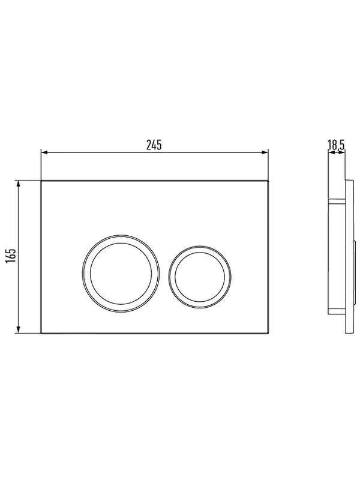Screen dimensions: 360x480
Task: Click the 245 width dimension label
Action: [x=154, y=145]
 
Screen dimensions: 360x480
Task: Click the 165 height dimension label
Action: [x=10, y=256]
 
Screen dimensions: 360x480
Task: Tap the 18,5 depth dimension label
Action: [x=336, y=145]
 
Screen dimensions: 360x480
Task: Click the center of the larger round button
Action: [x=121, y=274]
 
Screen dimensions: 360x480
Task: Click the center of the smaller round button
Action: [x=200, y=277]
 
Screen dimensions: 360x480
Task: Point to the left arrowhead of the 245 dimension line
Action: [x=44, y=152]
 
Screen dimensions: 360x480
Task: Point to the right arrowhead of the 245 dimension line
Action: [x=265, y=152]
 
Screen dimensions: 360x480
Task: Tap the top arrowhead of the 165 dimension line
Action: [x=19, y=184]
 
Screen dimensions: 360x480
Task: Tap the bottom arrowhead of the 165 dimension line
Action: [x=19, y=330]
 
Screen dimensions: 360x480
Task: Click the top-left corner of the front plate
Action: [x=41, y=181]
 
